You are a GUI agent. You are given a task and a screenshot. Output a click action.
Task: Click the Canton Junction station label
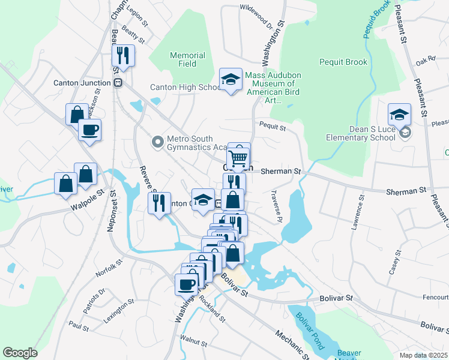[x=82, y=83]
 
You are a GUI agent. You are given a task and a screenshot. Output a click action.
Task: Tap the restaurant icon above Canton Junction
[x=123, y=56]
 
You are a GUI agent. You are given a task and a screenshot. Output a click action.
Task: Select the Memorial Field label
[x=187, y=59]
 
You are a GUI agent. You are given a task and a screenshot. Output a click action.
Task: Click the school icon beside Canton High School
[x=230, y=79]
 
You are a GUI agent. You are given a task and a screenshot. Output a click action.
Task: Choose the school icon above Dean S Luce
[x=399, y=113]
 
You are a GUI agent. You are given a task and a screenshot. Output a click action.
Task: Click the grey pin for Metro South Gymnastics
[x=157, y=142]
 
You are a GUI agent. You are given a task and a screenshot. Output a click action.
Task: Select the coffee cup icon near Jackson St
[x=89, y=129]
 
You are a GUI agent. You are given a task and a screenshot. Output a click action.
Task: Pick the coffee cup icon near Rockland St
[x=186, y=284]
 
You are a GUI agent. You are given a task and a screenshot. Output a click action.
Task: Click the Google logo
[x=20, y=352]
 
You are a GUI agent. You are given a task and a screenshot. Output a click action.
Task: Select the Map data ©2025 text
[x=423, y=355]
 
